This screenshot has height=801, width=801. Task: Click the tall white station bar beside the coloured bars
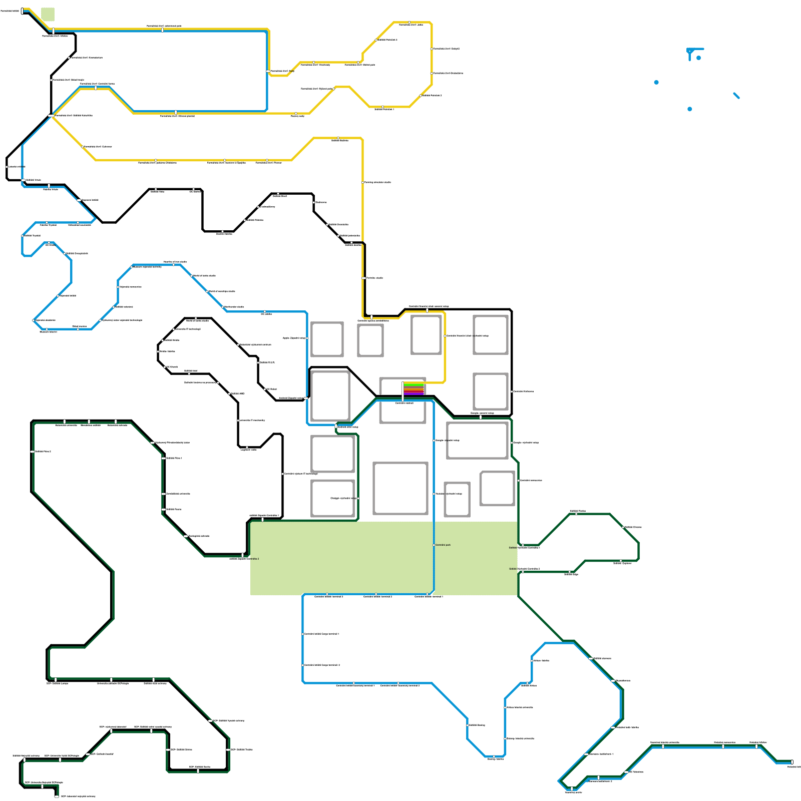tap(403, 390)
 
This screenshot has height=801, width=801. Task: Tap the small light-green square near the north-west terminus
tap(48, 15)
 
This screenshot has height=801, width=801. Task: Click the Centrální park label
tap(443, 545)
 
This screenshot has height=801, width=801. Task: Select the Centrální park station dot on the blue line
tap(434, 545)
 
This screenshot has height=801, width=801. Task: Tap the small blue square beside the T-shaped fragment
tap(699, 58)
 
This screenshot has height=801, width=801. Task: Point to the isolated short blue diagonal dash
tap(736, 96)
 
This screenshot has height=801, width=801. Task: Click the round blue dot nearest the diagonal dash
tap(690, 109)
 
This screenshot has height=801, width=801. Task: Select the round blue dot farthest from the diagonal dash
tap(656, 83)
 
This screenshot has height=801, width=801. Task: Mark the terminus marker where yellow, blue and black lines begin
tap(22, 11)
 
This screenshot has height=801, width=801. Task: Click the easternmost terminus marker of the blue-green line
tap(792, 762)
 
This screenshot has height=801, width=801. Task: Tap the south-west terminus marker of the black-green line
tap(57, 796)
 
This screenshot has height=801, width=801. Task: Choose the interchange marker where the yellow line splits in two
tap(51, 116)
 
